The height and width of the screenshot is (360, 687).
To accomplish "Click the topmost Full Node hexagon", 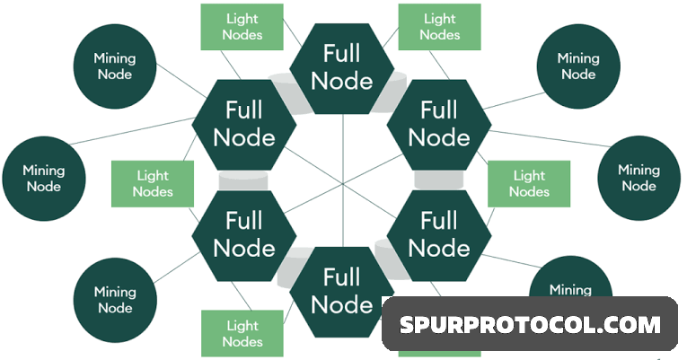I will (341, 67).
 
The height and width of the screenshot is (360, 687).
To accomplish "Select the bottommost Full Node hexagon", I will (341, 290).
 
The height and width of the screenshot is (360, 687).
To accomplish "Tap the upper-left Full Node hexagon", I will (244, 124).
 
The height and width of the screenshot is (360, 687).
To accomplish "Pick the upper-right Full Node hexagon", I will (439, 124).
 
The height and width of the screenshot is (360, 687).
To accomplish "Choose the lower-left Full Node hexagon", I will (244, 233).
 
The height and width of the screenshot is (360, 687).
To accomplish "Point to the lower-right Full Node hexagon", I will (439, 233).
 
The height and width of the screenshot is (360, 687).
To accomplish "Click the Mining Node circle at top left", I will (114, 66).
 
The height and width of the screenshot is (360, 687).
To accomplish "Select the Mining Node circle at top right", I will (577, 66).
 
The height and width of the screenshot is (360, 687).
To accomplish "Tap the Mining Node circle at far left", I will (44, 178).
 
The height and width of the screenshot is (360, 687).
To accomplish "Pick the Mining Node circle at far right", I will (639, 178).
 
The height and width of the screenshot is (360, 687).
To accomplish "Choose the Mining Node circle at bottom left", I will (114, 300).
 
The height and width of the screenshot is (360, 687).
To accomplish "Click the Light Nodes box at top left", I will (242, 27).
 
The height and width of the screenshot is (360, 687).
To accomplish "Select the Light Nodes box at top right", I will (439, 27).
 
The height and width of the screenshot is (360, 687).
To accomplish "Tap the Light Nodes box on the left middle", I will (152, 183).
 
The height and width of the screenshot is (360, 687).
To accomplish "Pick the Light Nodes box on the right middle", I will (529, 183).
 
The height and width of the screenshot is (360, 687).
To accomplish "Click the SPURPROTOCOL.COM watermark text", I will (530, 324).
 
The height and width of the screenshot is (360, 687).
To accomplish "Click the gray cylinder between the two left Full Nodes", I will (244, 178).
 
